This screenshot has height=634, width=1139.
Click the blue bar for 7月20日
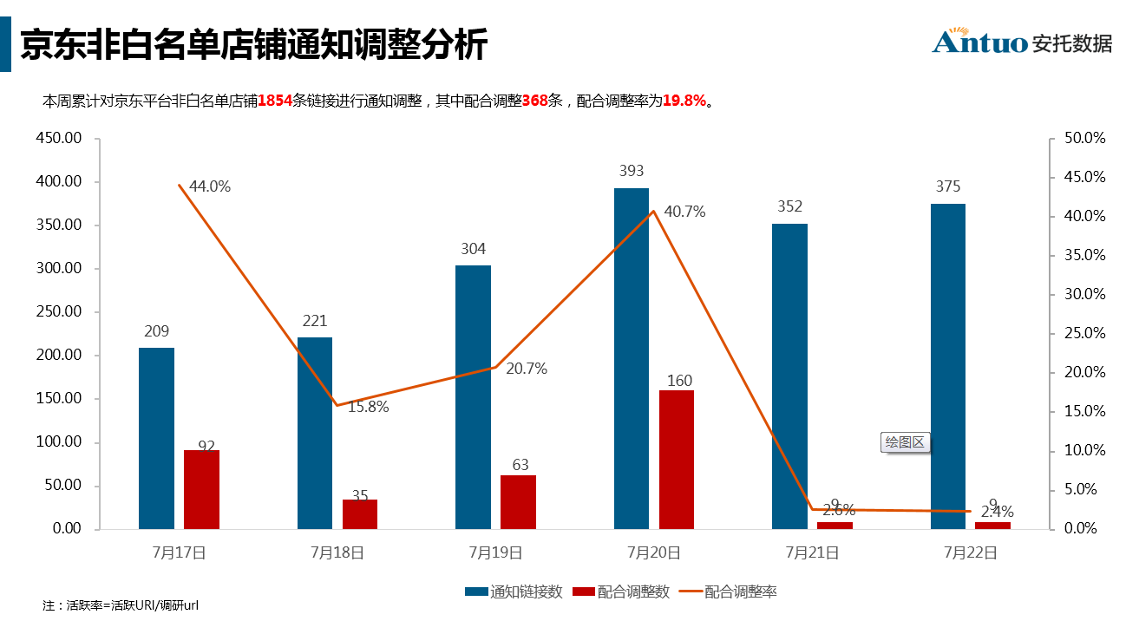(x=631, y=358)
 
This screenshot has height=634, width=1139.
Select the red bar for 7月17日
(x=201, y=489)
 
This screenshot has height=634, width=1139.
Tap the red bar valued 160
(x=676, y=459)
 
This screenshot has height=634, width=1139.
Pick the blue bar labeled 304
(x=473, y=396)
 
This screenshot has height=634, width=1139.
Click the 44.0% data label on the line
(x=210, y=186)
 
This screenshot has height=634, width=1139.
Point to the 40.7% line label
(x=684, y=212)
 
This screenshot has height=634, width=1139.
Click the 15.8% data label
(x=368, y=406)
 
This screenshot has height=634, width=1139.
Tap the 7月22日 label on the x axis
(x=970, y=552)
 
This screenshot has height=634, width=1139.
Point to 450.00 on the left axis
(x=60, y=139)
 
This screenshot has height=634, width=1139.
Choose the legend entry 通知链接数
(x=514, y=592)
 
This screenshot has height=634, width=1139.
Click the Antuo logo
(x=1022, y=42)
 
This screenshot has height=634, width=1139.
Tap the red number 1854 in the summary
(x=275, y=101)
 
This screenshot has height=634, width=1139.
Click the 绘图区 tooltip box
(x=905, y=442)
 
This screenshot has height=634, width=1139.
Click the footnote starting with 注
(x=121, y=605)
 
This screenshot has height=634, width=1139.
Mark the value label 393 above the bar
(x=632, y=171)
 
